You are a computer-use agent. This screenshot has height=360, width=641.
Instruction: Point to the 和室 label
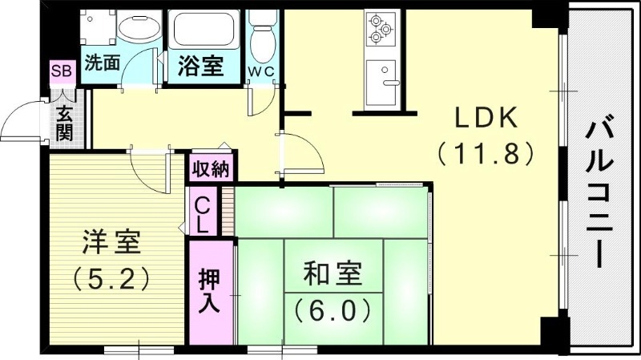(x=332, y=274)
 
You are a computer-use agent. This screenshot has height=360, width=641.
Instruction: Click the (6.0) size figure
(x=332, y=308)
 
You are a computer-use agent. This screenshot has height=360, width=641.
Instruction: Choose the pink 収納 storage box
(x=211, y=169)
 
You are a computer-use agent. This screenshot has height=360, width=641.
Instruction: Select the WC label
(x=261, y=71)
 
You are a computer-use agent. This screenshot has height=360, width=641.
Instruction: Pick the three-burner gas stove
(x=380, y=30)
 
